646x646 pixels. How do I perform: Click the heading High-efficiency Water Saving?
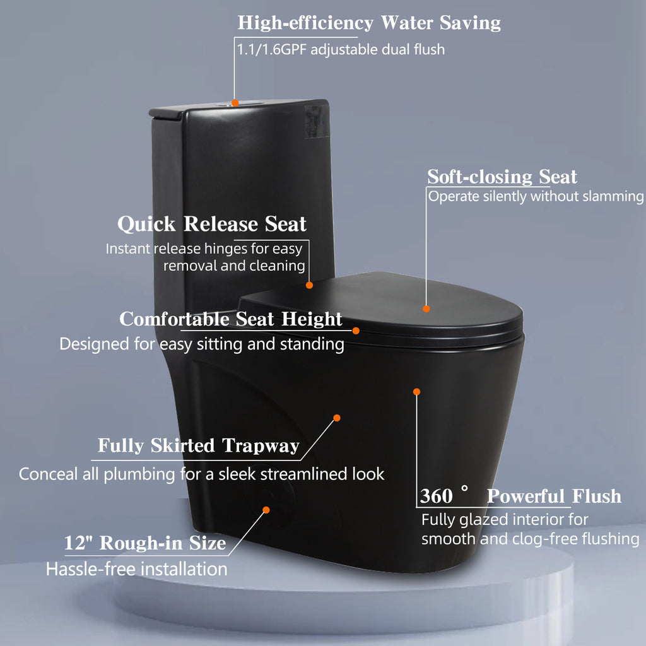click(x=369, y=23)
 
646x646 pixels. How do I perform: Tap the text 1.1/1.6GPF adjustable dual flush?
click(x=340, y=49)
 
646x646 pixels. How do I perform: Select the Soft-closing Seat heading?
click(x=502, y=177)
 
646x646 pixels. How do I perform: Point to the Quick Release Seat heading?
click(x=212, y=224)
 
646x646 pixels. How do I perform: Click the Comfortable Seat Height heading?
click(x=231, y=319)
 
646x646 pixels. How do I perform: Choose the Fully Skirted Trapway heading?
click(x=198, y=446)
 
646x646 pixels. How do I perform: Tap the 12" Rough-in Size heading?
click(x=145, y=543)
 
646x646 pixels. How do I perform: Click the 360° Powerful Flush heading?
click(x=520, y=496)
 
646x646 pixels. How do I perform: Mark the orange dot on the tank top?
click(x=235, y=102)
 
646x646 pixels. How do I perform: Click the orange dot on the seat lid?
click(x=426, y=308)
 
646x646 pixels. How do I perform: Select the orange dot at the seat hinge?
click(x=309, y=285)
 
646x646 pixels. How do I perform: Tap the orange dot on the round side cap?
click(x=266, y=510)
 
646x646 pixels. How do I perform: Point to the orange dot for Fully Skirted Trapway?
click(x=337, y=418)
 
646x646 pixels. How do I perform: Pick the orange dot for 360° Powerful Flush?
click(x=416, y=392)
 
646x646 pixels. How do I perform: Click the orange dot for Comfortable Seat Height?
click(x=356, y=331)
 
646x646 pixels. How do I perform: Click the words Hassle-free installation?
click(x=136, y=569)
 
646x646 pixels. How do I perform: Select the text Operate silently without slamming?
click(x=536, y=197)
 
